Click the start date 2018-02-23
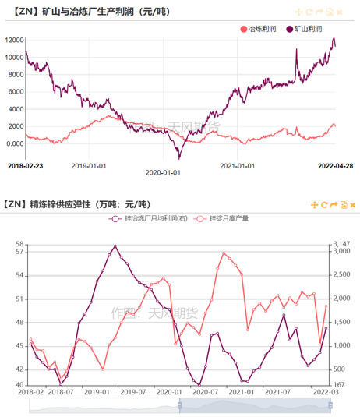tap(26, 164)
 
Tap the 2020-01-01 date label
tap(164, 173)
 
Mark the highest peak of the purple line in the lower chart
tap(115, 246)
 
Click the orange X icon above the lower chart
tap(352, 205)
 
